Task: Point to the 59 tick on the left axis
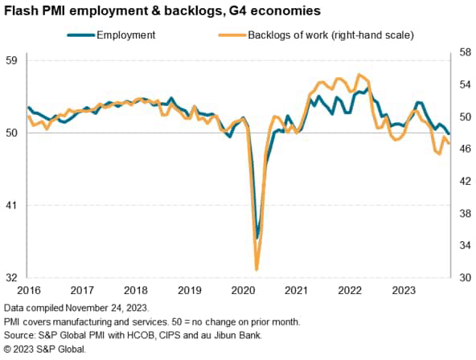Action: (x=14, y=60)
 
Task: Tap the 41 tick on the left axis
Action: (x=14, y=205)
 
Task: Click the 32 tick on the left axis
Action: (x=14, y=277)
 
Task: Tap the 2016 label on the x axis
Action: (x=28, y=289)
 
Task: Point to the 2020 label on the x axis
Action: (x=242, y=289)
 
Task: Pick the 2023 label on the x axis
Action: (x=402, y=289)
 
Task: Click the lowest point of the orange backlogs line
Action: (x=256, y=269)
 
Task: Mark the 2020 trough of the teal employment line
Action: (x=257, y=238)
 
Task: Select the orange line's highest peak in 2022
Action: (x=360, y=75)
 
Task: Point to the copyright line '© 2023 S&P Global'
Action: (x=44, y=348)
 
